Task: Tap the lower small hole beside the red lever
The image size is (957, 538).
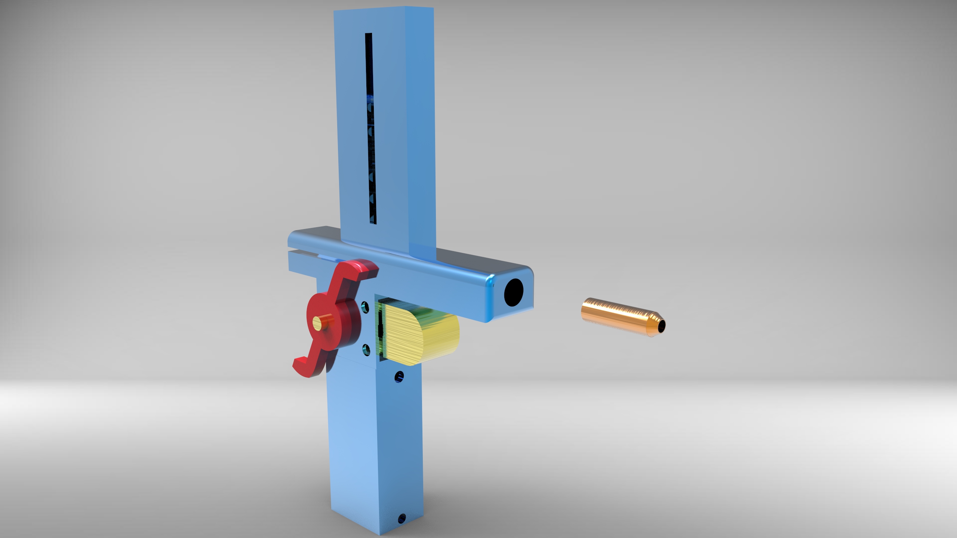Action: (365, 349)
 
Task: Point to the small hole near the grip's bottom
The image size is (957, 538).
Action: (402, 518)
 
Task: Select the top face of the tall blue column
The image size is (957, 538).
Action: (385, 8)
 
